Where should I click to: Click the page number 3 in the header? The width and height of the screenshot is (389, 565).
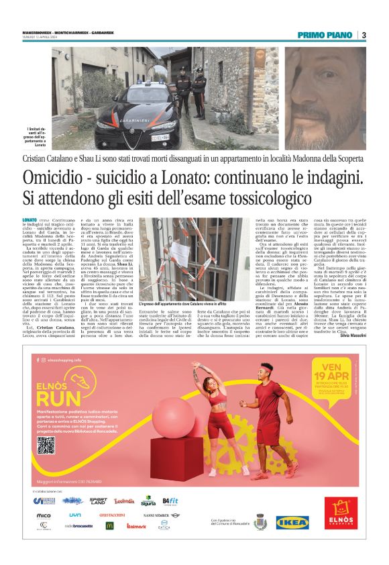[x=364, y=35]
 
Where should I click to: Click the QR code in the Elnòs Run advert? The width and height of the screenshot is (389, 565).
[x=46, y=445]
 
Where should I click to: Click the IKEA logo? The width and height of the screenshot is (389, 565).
[x=292, y=522]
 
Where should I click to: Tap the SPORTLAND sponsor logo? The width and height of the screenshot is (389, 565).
[x=98, y=501]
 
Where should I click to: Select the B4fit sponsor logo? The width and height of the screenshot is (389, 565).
[x=170, y=501]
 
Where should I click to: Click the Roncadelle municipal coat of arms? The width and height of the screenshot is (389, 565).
[x=259, y=521]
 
